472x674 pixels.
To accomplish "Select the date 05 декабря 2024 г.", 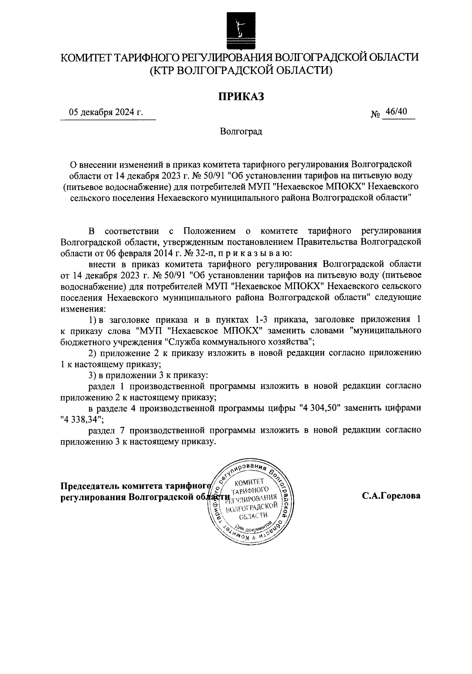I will coord(106,113).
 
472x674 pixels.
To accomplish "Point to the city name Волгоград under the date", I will coord(241,131).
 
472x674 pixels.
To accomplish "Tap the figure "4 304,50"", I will coord(319,408).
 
